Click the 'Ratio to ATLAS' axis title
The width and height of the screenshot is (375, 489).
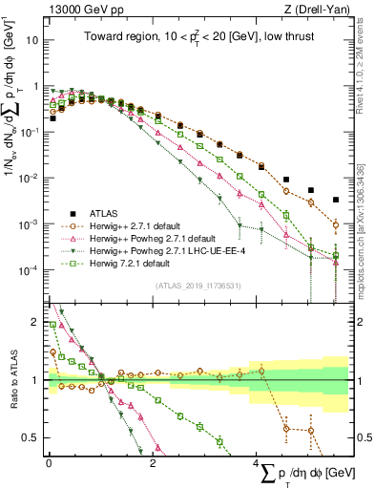coord(12,380)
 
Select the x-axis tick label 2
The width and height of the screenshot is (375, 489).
coord(153,463)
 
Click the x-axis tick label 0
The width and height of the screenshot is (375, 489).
coord(49,463)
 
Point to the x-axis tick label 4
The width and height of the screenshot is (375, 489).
coord(256,463)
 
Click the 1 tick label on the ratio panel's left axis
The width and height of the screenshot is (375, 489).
coord(35,380)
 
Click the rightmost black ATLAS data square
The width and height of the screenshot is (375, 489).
coord(336,201)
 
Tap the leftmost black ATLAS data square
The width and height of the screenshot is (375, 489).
coord(53,119)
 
